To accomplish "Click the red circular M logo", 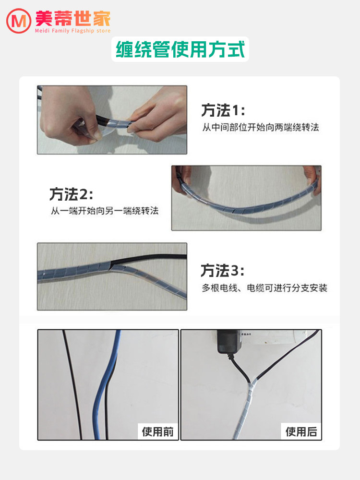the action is (19, 21).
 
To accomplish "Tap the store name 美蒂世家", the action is (73, 18).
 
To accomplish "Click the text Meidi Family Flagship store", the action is (72, 31).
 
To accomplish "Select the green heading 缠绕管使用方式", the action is (180, 49).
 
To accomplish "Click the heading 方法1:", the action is (223, 110).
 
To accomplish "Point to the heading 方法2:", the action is (72, 194).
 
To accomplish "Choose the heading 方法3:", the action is (223, 271).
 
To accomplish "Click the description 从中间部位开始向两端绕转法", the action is (261, 127).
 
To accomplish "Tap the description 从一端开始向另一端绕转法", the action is (105, 211).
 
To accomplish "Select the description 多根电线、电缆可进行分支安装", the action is (264, 288).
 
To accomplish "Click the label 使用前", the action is (157, 432).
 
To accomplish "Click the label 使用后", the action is (301, 432).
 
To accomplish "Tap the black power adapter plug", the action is (229, 342).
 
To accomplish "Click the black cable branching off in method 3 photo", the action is (148, 259).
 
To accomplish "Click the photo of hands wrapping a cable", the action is (112, 120).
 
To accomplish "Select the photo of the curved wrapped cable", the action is (246, 198).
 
